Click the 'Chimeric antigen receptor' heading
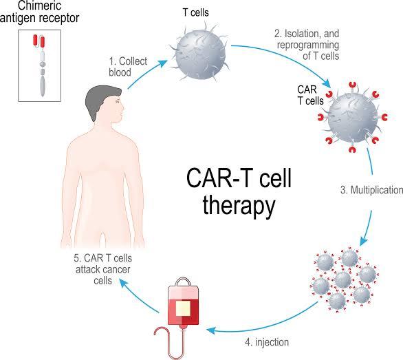(x=39, y=12)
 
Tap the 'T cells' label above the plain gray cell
(x=195, y=12)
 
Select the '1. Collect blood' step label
(x=128, y=67)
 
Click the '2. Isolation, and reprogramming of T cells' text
(x=307, y=45)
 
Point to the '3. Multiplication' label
(x=371, y=190)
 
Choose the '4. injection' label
(x=267, y=342)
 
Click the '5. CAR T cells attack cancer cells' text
(x=102, y=269)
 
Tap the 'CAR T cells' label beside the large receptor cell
(x=310, y=95)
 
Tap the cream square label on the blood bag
(x=183, y=308)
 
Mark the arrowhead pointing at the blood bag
(x=210, y=330)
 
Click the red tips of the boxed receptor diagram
(x=39, y=41)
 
